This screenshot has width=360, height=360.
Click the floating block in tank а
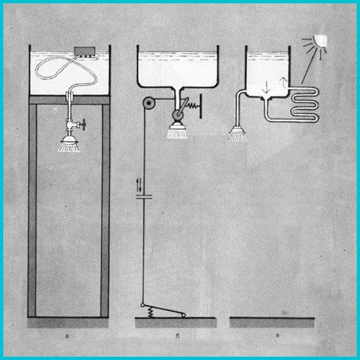84,52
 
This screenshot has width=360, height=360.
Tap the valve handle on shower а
82,124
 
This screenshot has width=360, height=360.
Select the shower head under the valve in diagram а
69,144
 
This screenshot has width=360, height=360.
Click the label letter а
67,336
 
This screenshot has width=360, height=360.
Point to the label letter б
177,336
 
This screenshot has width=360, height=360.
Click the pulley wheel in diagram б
149,103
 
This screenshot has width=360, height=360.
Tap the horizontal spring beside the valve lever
192,105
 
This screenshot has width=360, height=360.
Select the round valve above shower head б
177,115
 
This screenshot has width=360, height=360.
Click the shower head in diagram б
177,130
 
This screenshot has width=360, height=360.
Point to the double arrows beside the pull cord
139,185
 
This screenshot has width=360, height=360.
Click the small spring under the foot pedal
151,312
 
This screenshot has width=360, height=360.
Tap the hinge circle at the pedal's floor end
183,315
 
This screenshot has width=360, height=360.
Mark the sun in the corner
315,45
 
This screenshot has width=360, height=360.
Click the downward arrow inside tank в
266,86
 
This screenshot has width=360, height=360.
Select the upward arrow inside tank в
283,82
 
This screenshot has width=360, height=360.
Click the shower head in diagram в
238,134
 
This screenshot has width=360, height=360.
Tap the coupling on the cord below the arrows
144,196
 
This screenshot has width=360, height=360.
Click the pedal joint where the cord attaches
142,305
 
